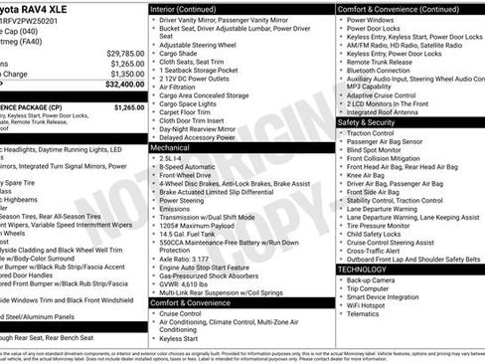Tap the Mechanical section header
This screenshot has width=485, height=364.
[170, 147]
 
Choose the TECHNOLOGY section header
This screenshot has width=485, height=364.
[362, 270]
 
